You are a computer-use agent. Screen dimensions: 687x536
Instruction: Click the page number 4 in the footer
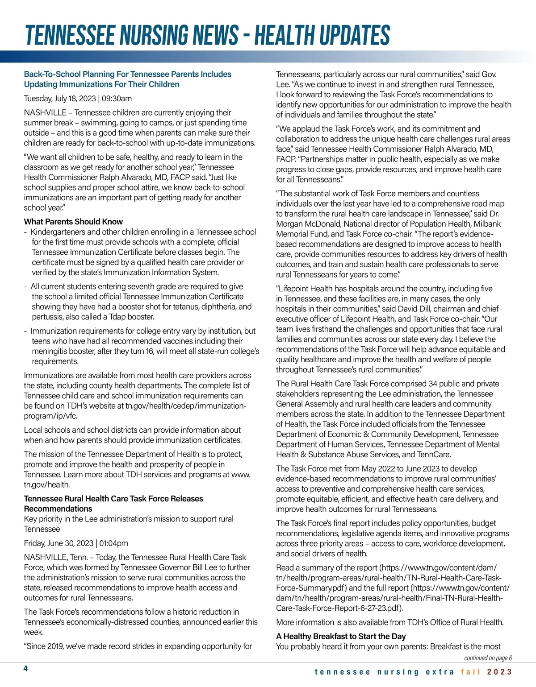coord(26,668)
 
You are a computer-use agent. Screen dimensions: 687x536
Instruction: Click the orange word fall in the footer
coord(470,672)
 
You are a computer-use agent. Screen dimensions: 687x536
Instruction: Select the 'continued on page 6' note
coord(488,658)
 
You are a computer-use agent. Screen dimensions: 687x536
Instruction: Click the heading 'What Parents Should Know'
coord(73,222)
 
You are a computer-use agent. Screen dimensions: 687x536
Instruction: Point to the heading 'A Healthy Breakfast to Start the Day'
coord(341,636)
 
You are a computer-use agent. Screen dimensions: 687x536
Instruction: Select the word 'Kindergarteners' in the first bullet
coord(58,232)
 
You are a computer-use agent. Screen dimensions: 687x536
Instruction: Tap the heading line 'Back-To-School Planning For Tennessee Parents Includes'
coord(128,74)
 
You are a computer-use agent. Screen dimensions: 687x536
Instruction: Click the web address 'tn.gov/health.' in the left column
coord(46,484)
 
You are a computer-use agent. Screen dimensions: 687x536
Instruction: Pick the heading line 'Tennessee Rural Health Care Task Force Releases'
coord(113,499)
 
